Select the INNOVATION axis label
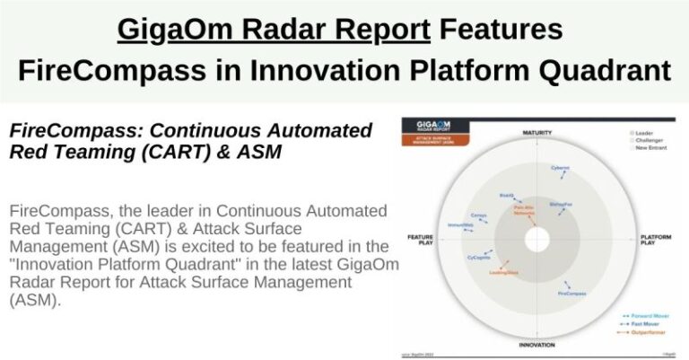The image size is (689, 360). click(x=536, y=344)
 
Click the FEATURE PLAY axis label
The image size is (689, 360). click(x=420, y=240)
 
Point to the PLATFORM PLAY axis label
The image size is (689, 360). click(x=654, y=240)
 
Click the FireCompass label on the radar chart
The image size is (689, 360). click(x=571, y=294)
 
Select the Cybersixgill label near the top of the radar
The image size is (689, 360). click(x=562, y=167)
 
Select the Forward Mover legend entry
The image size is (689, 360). click(x=641, y=315)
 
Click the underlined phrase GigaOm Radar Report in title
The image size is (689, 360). click(x=273, y=30)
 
